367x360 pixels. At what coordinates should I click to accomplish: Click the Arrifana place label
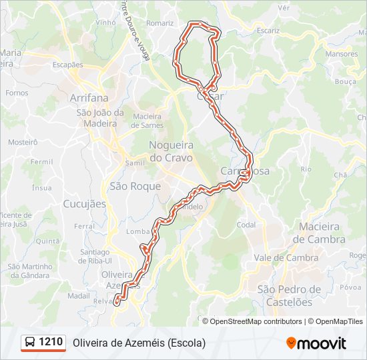point(88,97)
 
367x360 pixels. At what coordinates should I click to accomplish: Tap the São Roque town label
point(135,187)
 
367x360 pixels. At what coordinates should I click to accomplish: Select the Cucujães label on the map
point(84,204)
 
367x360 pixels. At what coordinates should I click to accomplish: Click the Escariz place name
point(268,30)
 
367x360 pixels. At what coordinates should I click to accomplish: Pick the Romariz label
point(161,23)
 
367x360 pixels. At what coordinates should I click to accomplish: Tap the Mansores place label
point(342,53)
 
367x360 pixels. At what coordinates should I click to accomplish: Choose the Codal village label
point(246,225)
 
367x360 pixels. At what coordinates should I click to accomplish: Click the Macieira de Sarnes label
point(147,121)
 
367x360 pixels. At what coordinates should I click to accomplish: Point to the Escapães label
point(67,65)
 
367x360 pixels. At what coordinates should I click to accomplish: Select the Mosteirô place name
point(23,142)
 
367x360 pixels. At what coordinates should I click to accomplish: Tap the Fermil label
point(41,161)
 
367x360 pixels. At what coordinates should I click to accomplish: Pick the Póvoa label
point(350,287)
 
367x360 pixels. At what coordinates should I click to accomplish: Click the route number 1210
point(51,343)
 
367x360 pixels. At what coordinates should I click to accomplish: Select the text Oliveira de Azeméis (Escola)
point(139,343)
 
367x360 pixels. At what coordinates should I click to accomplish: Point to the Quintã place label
point(47,241)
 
